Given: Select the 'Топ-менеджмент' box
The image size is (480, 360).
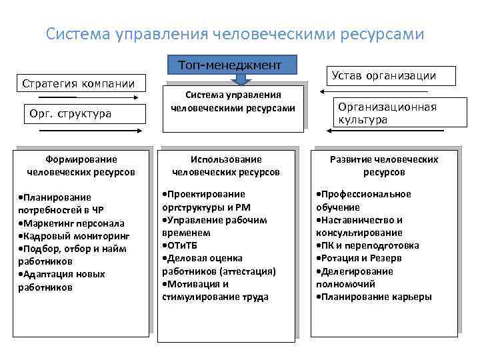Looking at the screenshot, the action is point(230,65).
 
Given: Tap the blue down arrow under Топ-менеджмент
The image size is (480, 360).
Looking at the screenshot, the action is point(243,79).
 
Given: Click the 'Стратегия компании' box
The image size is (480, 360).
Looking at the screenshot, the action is point(79,84).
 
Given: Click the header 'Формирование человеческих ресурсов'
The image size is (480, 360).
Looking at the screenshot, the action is point(81,165).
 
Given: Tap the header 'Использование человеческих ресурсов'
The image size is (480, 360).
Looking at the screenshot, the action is point(226,165).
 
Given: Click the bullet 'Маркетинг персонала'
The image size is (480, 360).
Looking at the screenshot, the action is point(71,223).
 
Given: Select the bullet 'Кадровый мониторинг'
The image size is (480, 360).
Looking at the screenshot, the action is point(75,235).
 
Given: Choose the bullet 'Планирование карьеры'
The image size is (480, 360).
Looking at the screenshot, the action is point(375,297).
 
